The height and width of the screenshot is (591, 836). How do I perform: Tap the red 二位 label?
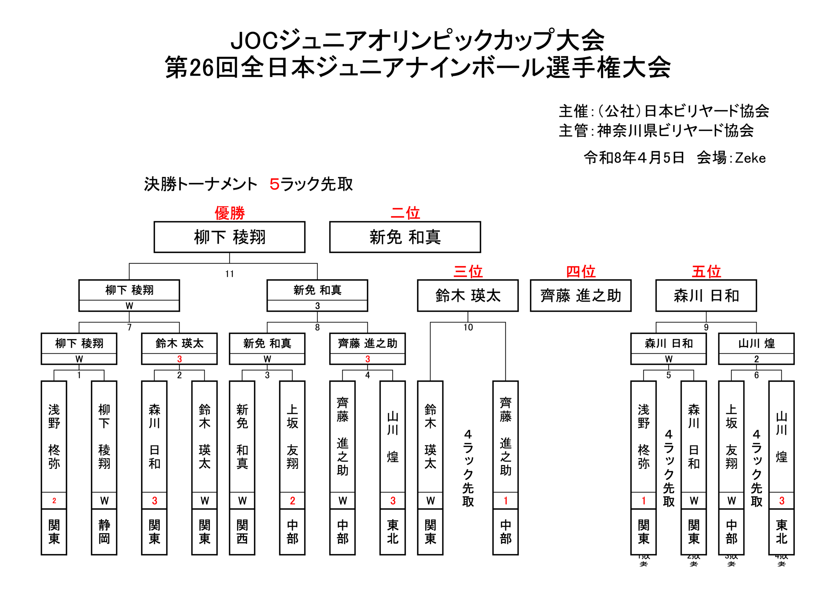click(x=405, y=213)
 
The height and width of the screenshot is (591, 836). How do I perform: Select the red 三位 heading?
click(x=468, y=271)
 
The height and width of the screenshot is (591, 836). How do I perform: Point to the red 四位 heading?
click(x=580, y=271)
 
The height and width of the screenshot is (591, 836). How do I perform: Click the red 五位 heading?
click(x=706, y=271)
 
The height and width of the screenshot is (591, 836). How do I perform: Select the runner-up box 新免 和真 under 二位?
click(x=405, y=237)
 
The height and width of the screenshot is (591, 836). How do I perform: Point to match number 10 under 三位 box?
click(x=468, y=327)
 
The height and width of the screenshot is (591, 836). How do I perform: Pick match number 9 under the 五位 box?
click(x=706, y=327)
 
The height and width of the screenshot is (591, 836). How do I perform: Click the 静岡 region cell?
click(x=104, y=532)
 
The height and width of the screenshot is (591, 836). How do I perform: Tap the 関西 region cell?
click(x=242, y=532)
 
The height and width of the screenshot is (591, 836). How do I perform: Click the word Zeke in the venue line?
click(x=750, y=158)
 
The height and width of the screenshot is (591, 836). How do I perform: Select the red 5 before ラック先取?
click(x=274, y=184)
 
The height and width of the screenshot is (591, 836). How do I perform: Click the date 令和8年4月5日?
click(x=634, y=158)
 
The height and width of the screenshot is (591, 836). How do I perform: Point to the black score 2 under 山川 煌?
click(x=756, y=359)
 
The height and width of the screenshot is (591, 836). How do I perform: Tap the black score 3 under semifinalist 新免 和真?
click(x=317, y=306)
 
